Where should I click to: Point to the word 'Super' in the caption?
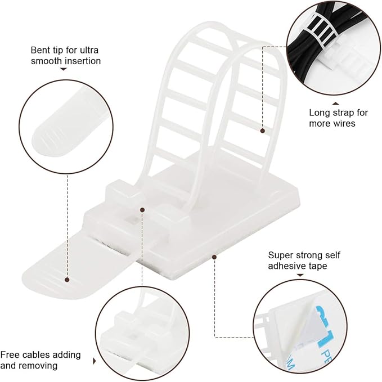281,255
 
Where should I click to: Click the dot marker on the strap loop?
262,131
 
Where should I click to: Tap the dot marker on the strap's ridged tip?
67,278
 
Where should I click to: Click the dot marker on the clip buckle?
142,210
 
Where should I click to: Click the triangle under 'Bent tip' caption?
63,69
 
